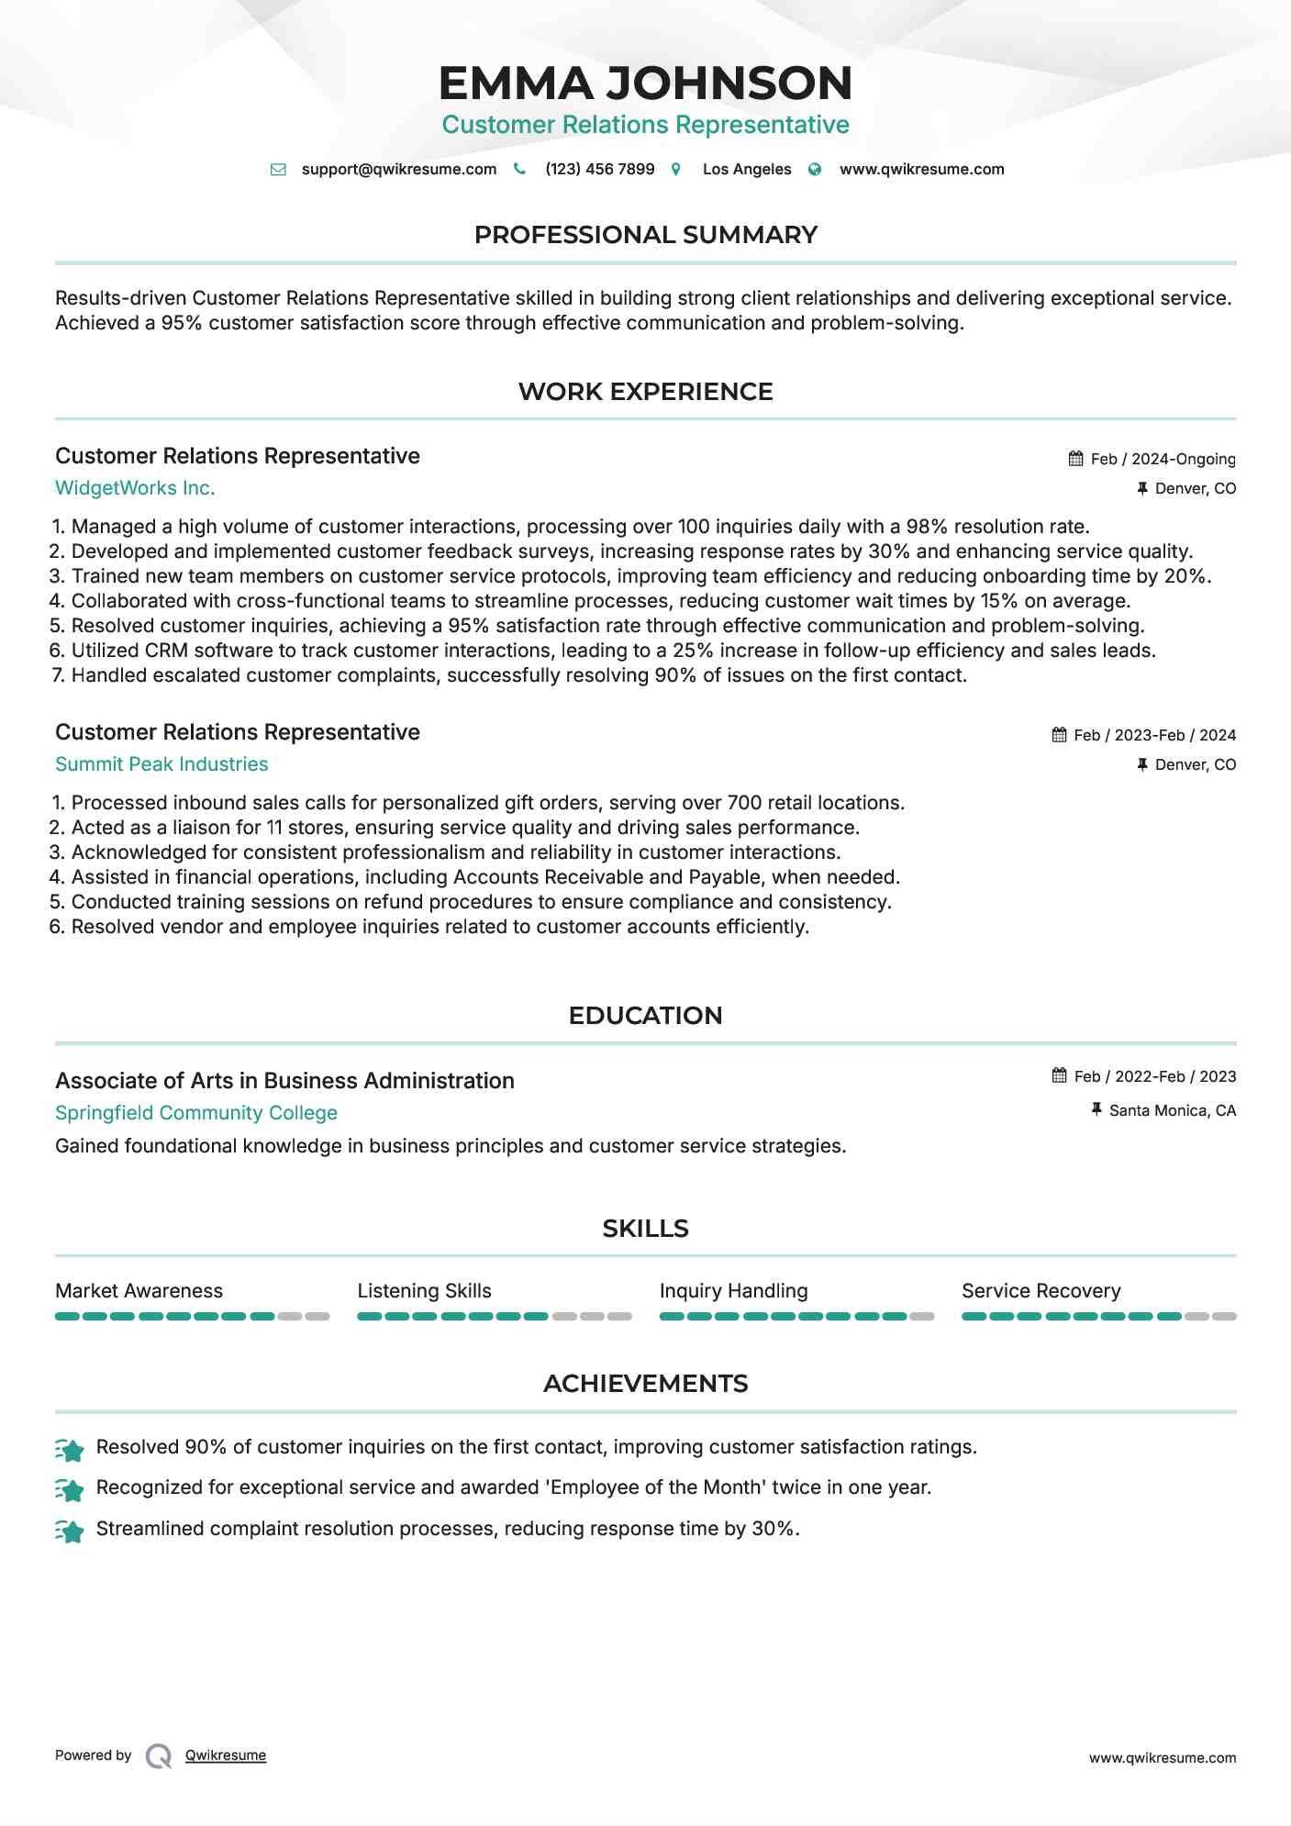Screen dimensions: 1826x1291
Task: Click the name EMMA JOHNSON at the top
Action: pyautogui.click(x=645, y=83)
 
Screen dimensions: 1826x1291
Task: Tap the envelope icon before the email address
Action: pyautogui.click(x=278, y=170)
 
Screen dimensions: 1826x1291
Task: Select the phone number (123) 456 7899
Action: pyautogui.click(x=599, y=170)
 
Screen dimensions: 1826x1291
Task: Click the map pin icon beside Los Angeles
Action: pyautogui.click(x=676, y=170)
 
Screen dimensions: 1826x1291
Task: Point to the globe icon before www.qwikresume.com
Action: pyautogui.click(x=815, y=170)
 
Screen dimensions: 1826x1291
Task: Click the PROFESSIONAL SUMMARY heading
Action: pyautogui.click(x=645, y=235)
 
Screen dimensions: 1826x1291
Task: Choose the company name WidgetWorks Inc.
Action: pyautogui.click(x=135, y=488)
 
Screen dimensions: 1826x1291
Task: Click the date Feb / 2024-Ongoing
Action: pyautogui.click(x=1163, y=459)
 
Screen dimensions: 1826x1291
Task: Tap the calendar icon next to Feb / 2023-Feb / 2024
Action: pyautogui.click(x=1059, y=735)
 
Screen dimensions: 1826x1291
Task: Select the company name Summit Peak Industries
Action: pyautogui.click(x=161, y=764)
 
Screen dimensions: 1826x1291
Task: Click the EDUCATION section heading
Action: pyautogui.click(x=645, y=1016)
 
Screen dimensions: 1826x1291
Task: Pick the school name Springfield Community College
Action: pyautogui.click(x=196, y=1113)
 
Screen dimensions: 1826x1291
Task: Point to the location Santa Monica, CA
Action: pyautogui.click(x=1172, y=1111)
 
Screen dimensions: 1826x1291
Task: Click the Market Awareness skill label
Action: pyautogui.click(x=139, y=1291)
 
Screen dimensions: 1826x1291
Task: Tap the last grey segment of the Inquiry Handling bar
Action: pyautogui.click(x=922, y=1317)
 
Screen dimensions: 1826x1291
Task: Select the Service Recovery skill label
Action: pyautogui.click(x=1041, y=1291)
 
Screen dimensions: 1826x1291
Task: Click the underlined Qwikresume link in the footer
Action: pyautogui.click(x=226, y=1755)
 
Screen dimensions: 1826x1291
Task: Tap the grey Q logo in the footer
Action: pyautogui.click(x=159, y=1756)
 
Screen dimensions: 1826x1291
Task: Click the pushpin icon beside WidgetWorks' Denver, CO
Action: pyautogui.click(x=1142, y=489)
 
